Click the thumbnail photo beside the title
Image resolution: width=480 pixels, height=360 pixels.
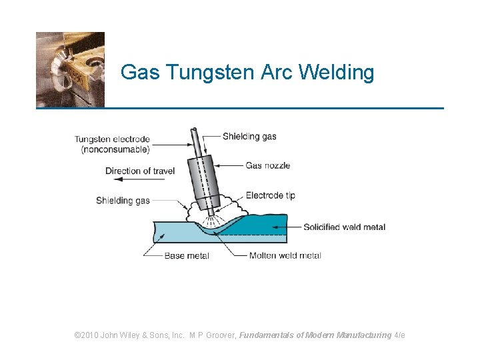point(70,69)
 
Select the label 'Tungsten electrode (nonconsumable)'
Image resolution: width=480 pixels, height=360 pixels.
point(112,145)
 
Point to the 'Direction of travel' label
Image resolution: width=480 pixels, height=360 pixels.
point(140,171)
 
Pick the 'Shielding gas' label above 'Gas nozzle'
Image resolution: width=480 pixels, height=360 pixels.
point(249,137)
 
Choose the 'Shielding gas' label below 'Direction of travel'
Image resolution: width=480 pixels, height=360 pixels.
point(123,201)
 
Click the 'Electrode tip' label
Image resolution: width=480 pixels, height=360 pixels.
point(270,195)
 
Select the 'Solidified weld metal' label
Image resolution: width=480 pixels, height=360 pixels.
point(344,227)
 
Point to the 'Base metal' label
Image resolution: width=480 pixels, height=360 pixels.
point(187,255)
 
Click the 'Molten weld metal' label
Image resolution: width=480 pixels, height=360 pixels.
point(285,255)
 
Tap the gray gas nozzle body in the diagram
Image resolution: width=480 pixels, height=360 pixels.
point(205,179)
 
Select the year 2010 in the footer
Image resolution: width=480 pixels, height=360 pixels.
point(90,335)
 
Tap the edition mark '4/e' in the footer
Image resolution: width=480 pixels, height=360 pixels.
point(400,335)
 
